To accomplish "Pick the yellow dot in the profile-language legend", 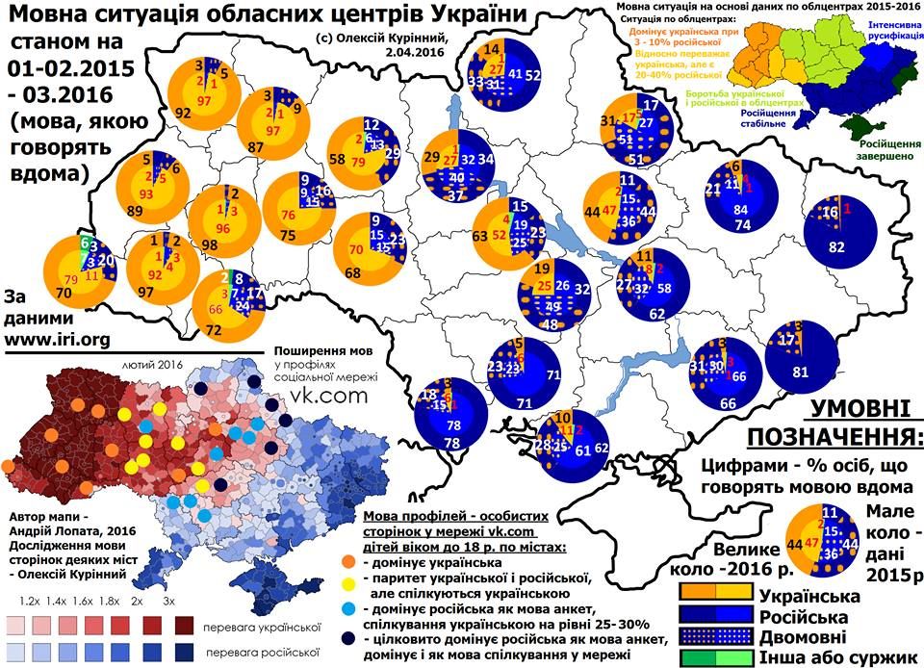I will (x=351, y=578).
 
